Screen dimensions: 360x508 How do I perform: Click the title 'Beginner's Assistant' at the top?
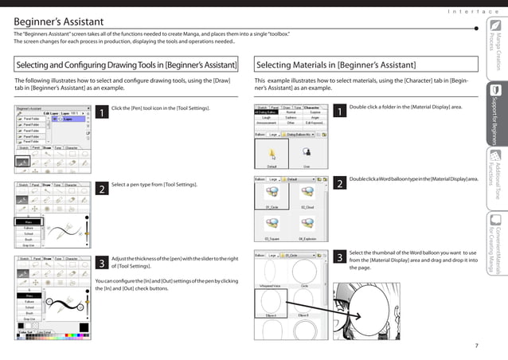[49, 18]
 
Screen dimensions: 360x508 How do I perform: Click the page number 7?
[475, 345]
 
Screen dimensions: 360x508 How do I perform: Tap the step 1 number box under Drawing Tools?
[102, 113]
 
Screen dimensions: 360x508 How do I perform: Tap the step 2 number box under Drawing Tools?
[102, 189]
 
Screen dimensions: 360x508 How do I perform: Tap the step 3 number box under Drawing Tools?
[102, 262]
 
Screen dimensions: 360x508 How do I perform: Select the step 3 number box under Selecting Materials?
[340, 258]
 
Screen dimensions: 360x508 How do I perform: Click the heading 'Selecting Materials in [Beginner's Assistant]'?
[335, 65]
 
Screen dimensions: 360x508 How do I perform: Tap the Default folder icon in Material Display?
[272, 155]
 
